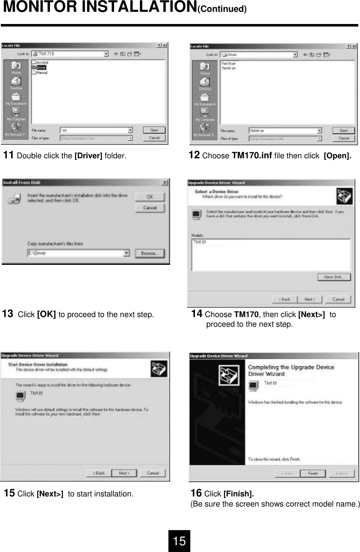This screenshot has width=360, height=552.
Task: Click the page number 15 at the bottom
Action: point(179,541)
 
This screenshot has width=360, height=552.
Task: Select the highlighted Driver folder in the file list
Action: point(41,67)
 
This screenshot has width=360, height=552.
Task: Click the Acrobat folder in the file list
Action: point(42,62)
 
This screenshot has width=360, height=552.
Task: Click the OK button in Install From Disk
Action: point(149,197)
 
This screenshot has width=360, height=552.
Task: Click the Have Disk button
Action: point(334,277)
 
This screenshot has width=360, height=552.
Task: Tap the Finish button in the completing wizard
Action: point(313,473)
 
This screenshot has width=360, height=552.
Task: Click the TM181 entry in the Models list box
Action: point(200,243)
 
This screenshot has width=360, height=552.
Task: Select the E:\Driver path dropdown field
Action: point(78,253)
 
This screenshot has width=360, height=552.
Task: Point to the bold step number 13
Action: point(8,314)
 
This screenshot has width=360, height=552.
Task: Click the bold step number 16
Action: point(196,493)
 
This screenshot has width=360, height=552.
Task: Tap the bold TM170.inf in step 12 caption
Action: point(252,156)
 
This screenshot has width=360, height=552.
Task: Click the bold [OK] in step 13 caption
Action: point(46,315)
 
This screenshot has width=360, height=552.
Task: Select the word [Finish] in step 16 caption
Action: point(238,493)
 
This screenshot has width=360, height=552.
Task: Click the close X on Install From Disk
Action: point(165,182)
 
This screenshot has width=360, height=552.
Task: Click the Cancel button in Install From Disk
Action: point(149,208)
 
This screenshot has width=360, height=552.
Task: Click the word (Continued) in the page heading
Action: point(222,9)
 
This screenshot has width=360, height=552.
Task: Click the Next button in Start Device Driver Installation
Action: point(124,473)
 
